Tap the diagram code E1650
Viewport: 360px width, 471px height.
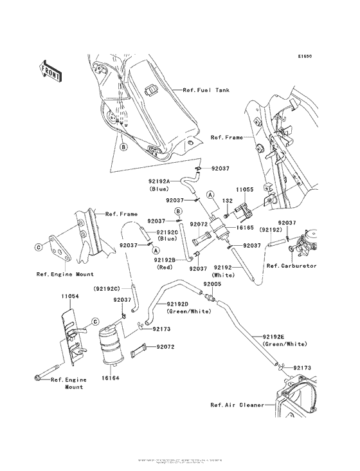click(x=305, y=57)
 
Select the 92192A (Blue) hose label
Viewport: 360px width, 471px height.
click(x=158, y=185)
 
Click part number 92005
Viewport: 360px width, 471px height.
click(x=212, y=284)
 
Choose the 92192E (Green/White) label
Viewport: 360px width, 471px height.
click(x=280, y=340)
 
